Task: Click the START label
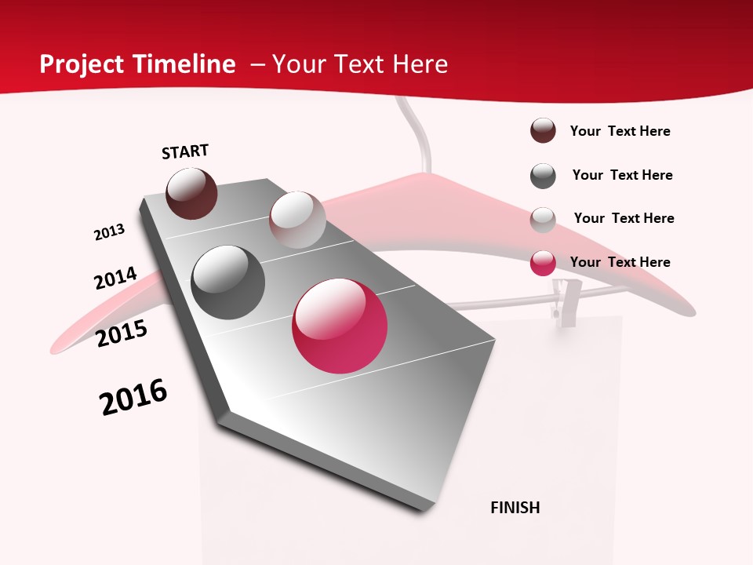[185, 151]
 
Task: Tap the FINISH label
[515, 508]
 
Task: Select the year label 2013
[109, 232]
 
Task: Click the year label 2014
[115, 278]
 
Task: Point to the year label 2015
[122, 334]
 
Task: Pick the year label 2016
[133, 397]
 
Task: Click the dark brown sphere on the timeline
[191, 193]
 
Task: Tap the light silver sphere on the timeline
[297, 220]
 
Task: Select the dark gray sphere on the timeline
[227, 282]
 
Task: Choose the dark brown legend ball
[543, 131]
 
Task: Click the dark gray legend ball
[543, 176]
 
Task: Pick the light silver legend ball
[543, 219]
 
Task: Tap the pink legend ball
[543, 263]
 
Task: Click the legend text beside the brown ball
[620, 131]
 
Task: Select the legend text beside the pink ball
[620, 262]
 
